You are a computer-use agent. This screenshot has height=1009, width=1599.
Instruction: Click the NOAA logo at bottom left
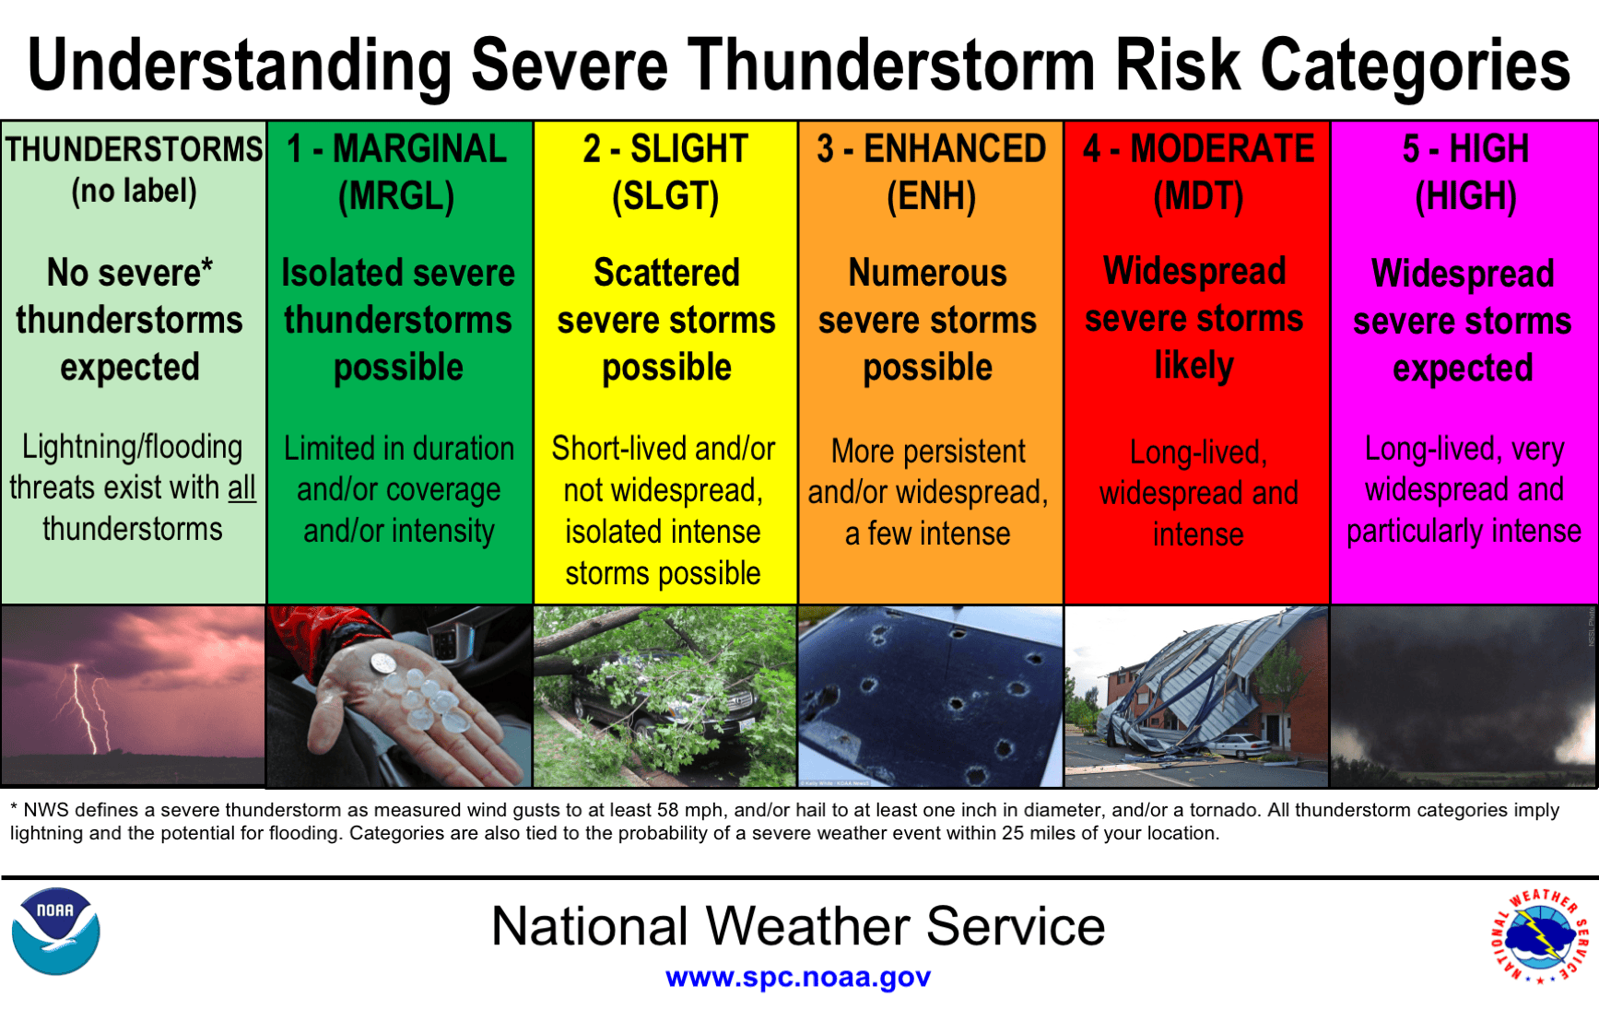(x=55, y=931)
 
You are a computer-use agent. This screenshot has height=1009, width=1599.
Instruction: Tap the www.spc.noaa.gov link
(x=798, y=977)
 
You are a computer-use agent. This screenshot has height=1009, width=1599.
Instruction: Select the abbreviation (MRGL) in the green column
(x=396, y=196)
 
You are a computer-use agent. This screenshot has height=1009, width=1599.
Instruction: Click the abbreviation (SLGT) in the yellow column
(x=665, y=196)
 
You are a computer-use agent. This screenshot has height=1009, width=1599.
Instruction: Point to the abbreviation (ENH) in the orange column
(x=931, y=196)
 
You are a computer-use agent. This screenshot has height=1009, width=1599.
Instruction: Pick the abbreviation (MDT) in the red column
(x=1198, y=196)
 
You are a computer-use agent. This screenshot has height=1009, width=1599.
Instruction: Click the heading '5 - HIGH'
(x=1465, y=148)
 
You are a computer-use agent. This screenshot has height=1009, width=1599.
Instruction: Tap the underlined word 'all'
(x=241, y=487)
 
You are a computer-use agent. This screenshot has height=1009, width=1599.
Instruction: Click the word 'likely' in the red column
(x=1194, y=366)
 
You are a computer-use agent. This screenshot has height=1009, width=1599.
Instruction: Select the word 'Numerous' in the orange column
(x=927, y=273)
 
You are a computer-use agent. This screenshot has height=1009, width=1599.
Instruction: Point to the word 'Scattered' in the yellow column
(x=666, y=273)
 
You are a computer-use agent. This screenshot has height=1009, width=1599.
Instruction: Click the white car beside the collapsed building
(x=1240, y=745)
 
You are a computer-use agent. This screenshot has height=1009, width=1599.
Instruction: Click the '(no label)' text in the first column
(x=134, y=192)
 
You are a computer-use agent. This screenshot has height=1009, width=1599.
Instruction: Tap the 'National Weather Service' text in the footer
(x=798, y=926)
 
